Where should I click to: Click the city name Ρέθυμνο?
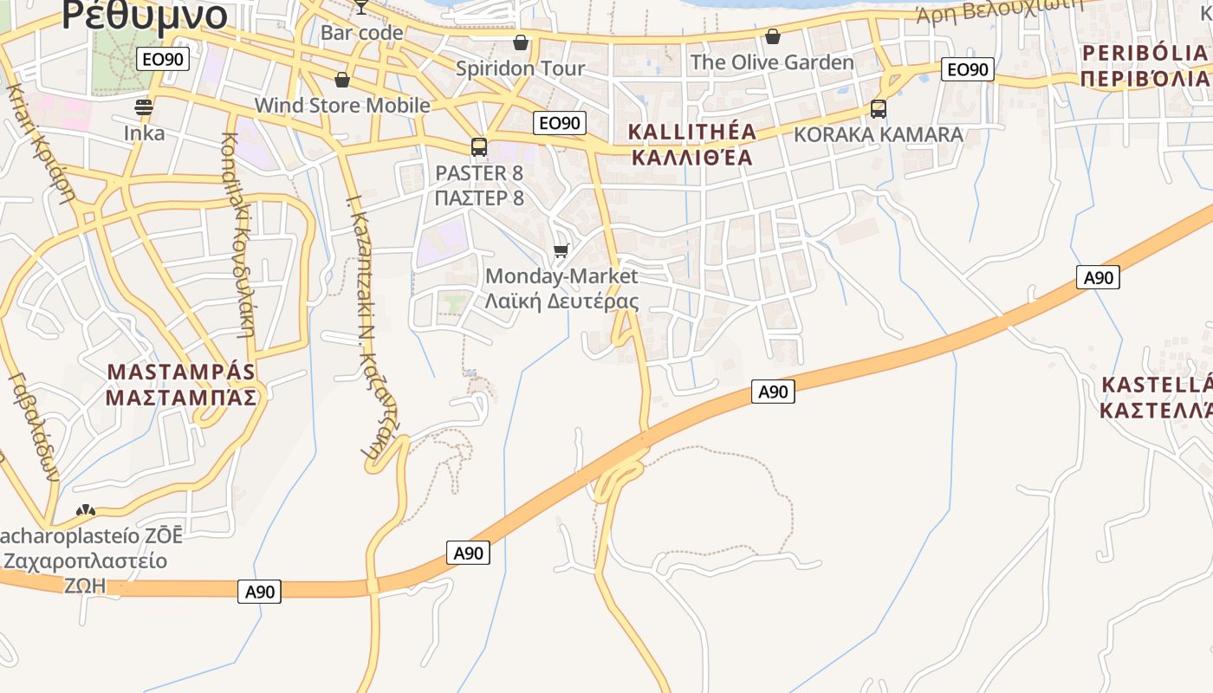[145, 15]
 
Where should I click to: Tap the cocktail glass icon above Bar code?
[361, 6]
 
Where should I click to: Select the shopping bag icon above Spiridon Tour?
[521, 42]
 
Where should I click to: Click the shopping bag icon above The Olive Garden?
[772, 36]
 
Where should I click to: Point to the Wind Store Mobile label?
[342, 106]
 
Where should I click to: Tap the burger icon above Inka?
[144, 107]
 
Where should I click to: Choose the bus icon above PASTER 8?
[479, 147]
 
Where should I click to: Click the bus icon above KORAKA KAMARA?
[878, 109]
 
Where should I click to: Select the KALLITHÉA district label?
[692, 133]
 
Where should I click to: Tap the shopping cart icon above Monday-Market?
[561, 251]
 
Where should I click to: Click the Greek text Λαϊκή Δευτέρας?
[561, 301]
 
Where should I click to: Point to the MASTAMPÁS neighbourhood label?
[181, 372]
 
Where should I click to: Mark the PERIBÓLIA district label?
[1144, 53]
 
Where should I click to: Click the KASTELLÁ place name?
[1156, 385]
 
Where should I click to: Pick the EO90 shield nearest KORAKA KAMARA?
[968, 70]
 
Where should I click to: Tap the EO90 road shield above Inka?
[163, 59]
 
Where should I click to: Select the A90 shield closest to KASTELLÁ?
[1098, 277]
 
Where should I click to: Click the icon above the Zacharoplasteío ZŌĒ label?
[86, 512]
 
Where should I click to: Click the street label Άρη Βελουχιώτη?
[1000, 10]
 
